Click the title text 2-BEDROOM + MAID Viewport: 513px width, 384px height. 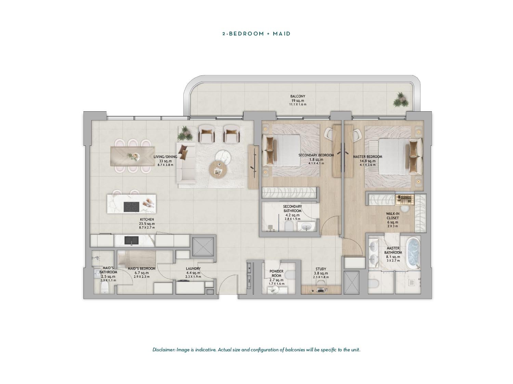pyautogui.click(x=256, y=34)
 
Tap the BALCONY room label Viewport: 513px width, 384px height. pyautogui.click(x=298, y=96)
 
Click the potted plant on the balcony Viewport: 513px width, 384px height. pyautogui.click(x=400, y=100)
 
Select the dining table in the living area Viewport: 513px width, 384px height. pyautogui.click(x=132, y=156)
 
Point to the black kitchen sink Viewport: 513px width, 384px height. pyautogui.click(x=131, y=241)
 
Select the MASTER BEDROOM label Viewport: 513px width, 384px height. pyautogui.click(x=367, y=157)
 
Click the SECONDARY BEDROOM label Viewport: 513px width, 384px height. pyautogui.click(x=316, y=155)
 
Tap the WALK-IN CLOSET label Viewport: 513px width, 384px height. pyautogui.click(x=392, y=216)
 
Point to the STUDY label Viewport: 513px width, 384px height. pyautogui.click(x=321, y=269)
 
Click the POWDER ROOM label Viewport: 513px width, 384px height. pyautogui.click(x=276, y=273)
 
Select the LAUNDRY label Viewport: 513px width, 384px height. pyautogui.click(x=193, y=269)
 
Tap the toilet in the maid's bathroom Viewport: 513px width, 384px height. pyautogui.click(x=104, y=288)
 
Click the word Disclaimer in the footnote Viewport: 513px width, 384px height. pyautogui.click(x=163, y=350)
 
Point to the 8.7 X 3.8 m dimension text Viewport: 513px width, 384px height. pyautogui.click(x=166, y=165)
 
